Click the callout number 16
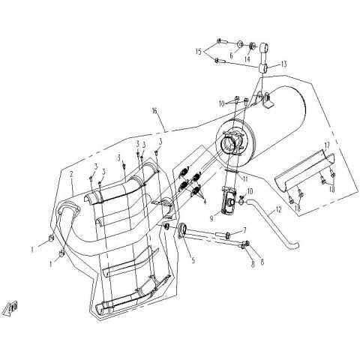pos(155,110)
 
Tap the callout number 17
pos(327,145)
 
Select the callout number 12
pos(278,209)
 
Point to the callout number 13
pos(283,64)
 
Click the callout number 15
pos(199,52)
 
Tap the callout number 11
pos(245,179)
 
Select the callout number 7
pos(244,229)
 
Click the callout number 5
pos(193,260)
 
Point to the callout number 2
pos(71,174)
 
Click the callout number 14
pos(247,59)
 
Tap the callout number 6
pos(231,55)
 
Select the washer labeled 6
pos(240,45)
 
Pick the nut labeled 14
pos(253,46)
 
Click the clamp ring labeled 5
pos(183,229)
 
